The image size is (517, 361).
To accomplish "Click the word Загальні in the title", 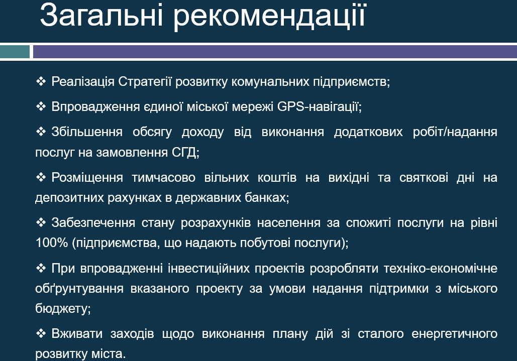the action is point(101,15).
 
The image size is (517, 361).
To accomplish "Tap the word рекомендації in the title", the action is point(270,17).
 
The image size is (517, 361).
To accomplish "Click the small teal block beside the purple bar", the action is point(15,52).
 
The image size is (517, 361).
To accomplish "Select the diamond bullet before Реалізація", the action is point(41,81).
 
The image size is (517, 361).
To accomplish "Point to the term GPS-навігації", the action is point(319,107).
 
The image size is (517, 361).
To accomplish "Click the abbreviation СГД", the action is point(185,152).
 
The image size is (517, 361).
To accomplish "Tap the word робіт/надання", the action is point(455,132).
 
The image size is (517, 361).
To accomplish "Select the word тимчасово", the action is point(164,178).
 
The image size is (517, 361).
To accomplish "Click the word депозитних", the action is point(69,198).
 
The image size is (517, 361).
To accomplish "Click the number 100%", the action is point(51,243).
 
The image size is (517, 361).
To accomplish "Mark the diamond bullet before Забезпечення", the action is point(41,222).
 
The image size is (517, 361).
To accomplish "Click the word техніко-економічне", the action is point(441,269).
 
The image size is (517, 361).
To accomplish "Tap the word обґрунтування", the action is point(79,289).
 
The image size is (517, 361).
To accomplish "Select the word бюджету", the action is point(63,309).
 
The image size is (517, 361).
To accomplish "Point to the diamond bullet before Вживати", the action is point(41,333).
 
